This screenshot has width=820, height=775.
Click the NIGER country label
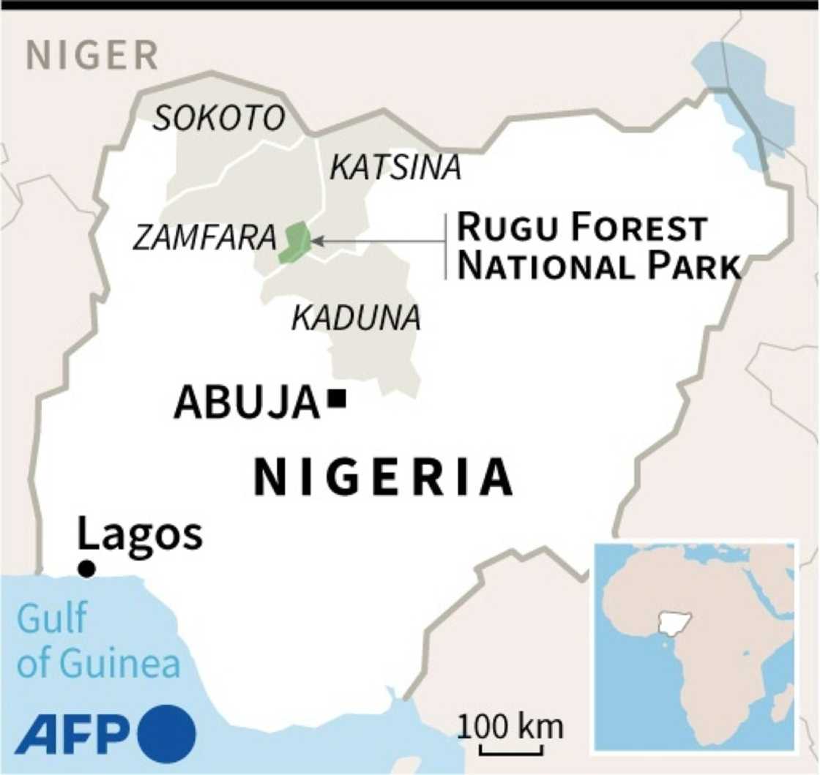tap(92, 56)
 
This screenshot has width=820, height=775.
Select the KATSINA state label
tap(395, 168)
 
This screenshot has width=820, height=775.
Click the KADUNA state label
tap(357, 318)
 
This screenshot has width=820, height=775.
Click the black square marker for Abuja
tap(338, 399)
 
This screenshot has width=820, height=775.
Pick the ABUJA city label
tap(247, 403)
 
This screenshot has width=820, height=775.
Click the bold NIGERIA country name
tap(383, 476)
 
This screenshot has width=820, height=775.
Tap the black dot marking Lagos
tap(86, 569)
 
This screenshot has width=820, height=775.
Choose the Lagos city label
tap(140, 534)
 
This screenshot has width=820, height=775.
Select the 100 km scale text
tap(512, 727)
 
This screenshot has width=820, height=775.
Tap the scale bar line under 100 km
tap(512, 750)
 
